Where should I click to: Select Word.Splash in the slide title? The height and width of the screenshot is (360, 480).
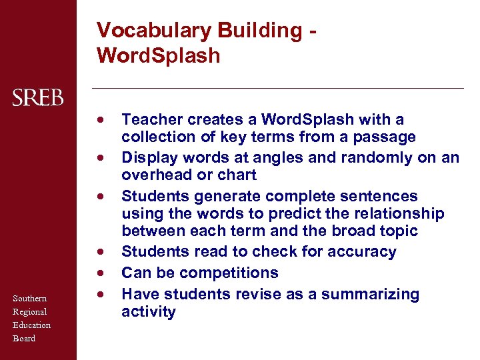158,56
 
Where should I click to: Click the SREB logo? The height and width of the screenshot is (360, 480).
38,99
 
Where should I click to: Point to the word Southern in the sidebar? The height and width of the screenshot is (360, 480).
29,299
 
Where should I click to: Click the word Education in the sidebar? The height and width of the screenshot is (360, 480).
31,325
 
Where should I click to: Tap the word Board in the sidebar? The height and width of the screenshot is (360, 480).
24,339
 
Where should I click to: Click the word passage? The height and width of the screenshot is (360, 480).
388,137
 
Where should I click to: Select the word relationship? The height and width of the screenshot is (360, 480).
402,214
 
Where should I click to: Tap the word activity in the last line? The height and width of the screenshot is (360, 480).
148,312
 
